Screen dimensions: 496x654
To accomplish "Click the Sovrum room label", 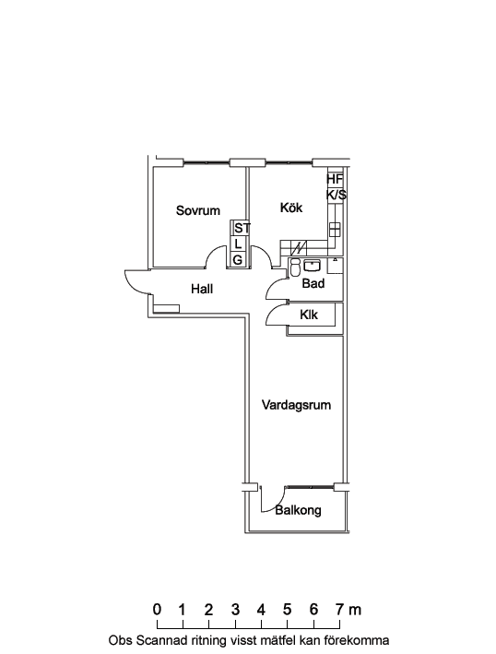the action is point(198,210).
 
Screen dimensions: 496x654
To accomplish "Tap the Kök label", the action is point(291,208).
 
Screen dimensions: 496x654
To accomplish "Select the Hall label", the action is point(202,289).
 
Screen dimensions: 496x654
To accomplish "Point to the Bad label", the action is point(313,283).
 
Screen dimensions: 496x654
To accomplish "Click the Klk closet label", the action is point(309,315).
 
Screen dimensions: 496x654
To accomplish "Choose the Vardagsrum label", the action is point(296,405).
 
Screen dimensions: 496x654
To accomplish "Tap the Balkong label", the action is point(298,510).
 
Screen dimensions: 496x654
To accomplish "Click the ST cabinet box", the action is point(240,229).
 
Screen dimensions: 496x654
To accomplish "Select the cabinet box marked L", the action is point(240,244).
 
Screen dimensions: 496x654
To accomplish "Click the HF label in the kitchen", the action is point(335,179).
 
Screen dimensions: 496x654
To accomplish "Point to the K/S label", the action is point(336,195).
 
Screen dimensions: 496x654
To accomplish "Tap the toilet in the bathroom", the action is point(295,268).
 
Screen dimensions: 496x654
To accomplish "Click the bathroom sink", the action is point(312,266).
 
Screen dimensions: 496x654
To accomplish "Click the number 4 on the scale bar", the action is point(261,610).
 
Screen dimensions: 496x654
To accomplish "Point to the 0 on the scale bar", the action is point(157,610).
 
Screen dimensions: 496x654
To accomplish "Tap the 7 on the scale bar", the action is point(340,610).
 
